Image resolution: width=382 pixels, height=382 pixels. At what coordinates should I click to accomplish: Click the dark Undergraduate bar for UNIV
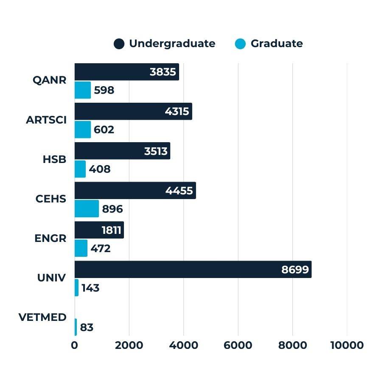click(193, 270)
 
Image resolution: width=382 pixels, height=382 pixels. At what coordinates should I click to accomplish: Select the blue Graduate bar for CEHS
click(87, 209)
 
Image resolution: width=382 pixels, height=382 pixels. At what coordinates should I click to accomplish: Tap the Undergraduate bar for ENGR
click(99, 230)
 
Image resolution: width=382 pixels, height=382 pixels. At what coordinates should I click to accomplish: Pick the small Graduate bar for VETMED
click(76, 327)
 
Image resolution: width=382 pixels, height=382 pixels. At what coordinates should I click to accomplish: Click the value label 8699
click(295, 270)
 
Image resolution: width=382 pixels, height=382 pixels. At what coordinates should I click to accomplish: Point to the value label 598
click(104, 90)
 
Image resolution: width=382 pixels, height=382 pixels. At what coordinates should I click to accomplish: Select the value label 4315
click(177, 112)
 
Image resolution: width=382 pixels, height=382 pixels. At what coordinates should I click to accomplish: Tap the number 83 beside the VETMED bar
click(87, 328)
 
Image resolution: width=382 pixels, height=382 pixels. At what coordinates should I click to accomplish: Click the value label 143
click(90, 288)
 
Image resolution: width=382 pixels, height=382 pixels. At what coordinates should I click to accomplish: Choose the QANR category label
click(50, 80)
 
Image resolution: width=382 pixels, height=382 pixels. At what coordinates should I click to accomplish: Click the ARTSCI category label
click(46, 120)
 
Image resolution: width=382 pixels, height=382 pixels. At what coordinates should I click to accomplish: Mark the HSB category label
click(54, 159)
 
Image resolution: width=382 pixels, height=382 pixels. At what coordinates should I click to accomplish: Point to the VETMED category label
click(42, 317)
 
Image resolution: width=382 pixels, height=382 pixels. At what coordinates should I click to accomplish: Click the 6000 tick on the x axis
click(238, 345)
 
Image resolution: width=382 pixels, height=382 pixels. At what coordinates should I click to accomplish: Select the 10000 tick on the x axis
click(347, 345)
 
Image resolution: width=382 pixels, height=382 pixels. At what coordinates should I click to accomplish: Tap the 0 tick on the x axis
click(75, 345)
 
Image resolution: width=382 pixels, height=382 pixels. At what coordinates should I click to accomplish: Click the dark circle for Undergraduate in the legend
click(119, 44)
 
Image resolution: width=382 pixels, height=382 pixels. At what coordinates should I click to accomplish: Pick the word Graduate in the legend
click(276, 44)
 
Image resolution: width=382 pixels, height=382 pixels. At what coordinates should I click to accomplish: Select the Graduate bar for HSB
click(80, 169)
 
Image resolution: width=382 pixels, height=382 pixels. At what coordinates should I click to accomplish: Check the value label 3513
click(156, 151)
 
